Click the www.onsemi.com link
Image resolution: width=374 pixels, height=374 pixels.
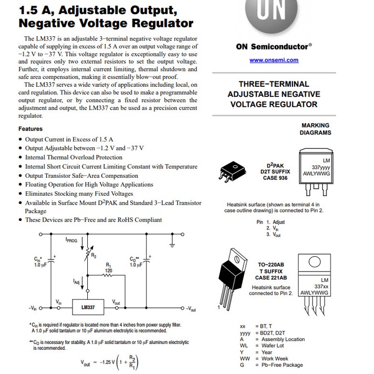pyautogui.click(x=274, y=60)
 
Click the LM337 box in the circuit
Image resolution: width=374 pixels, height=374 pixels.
pyautogui.click(x=88, y=307)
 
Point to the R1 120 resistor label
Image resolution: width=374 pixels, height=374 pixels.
pyautogui.click(x=108, y=268)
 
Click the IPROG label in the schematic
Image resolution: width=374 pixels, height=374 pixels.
pyautogui.click(x=72, y=240)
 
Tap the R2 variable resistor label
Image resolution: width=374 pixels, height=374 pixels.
pyautogui.click(x=94, y=256)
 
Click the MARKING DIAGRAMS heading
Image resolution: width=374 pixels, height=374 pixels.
pyautogui.click(x=315, y=129)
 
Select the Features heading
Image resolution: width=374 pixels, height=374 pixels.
pyautogui.click(x=31, y=129)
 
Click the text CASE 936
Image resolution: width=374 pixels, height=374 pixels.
pyautogui.click(x=275, y=178)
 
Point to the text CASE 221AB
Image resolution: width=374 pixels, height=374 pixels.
pyautogui.click(x=271, y=278)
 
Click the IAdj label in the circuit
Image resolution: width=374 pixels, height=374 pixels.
pyautogui.click(x=76, y=282)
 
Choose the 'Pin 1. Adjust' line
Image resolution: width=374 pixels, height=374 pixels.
pyautogui.click(x=271, y=222)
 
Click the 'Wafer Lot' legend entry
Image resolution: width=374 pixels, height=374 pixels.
pyautogui.click(x=272, y=346)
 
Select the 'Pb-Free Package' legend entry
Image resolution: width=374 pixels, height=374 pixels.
pyautogui.click(x=282, y=365)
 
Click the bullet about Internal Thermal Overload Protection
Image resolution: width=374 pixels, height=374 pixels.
pyautogui.click(x=74, y=157)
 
